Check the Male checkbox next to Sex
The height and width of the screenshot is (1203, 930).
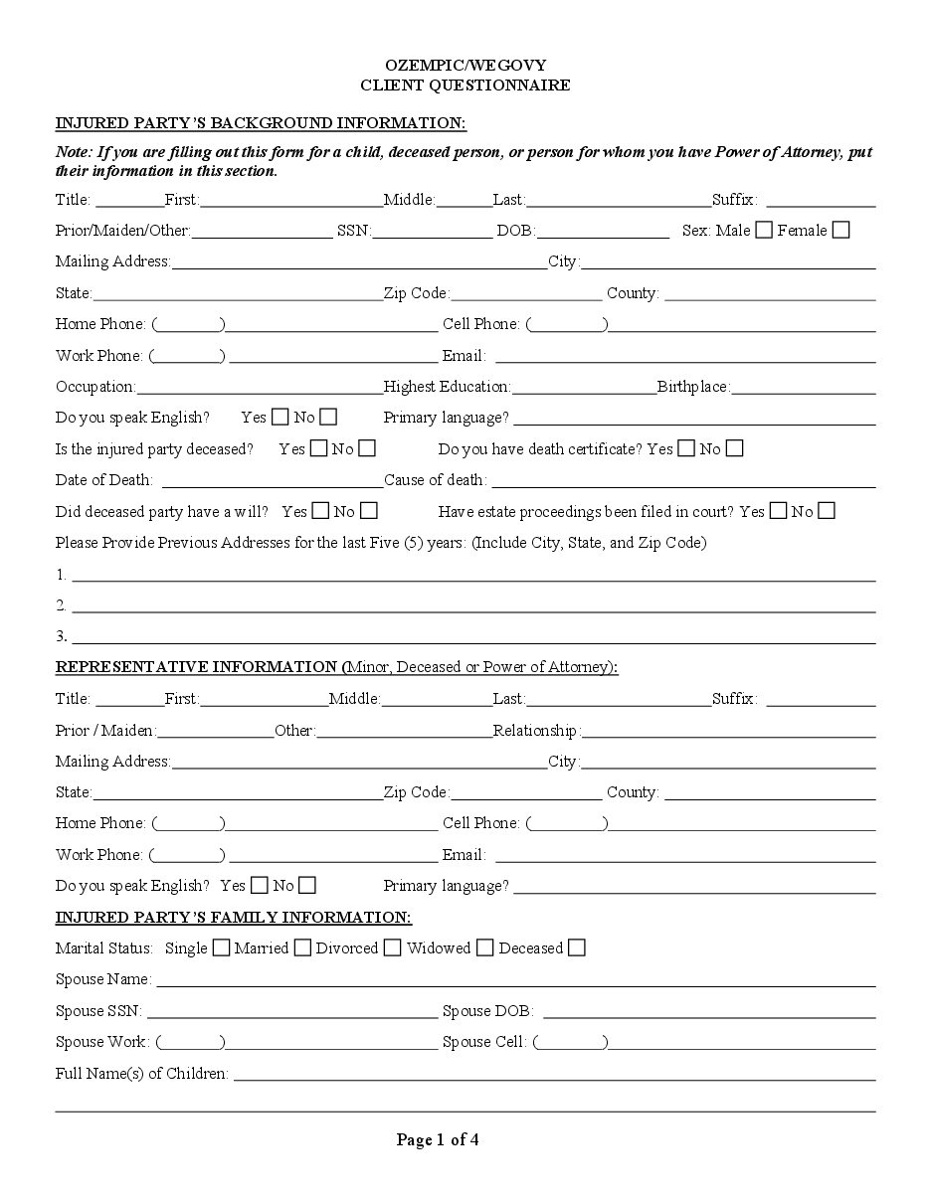tap(764, 230)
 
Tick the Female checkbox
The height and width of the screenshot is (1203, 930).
tap(840, 230)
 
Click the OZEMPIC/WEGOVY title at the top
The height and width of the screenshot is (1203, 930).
tap(465, 65)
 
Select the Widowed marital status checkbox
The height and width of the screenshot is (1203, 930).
tap(484, 947)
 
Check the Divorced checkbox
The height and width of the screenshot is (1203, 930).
tap(393, 947)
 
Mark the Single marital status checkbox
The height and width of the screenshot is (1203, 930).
tap(221, 947)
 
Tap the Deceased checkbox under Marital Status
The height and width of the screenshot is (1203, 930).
tap(576, 947)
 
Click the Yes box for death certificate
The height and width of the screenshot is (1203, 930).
tap(685, 448)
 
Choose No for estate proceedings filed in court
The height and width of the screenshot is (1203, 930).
tap(826, 511)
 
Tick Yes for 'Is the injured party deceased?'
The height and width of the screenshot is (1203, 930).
tap(318, 448)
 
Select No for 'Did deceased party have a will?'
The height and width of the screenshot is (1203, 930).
tap(368, 511)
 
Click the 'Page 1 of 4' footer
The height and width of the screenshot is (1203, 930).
tap(438, 1139)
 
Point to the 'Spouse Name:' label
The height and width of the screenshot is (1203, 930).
tap(103, 979)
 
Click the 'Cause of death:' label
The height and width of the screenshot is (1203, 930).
tap(435, 480)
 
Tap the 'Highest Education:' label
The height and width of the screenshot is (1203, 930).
tap(447, 386)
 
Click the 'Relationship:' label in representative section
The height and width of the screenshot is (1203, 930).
tap(536, 731)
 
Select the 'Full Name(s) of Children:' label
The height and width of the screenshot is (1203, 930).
tap(142, 1073)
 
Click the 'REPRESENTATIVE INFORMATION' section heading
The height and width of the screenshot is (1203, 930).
tap(197, 666)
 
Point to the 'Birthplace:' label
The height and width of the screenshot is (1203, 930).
tap(693, 386)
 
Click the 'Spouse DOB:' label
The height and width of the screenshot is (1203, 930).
tap(487, 1011)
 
